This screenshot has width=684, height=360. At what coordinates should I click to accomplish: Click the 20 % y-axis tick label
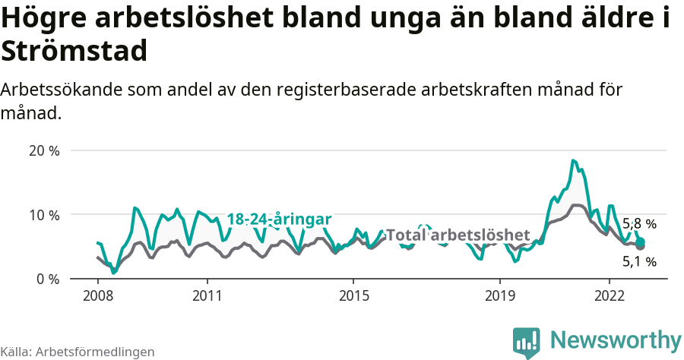(x=43, y=150)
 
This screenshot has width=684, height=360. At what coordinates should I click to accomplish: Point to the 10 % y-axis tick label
(x=43, y=215)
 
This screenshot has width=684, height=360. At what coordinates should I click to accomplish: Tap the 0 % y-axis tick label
(x=47, y=279)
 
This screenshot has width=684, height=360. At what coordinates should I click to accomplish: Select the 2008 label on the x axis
(x=97, y=295)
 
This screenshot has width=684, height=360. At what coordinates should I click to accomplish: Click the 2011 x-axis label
(x=207, y=295)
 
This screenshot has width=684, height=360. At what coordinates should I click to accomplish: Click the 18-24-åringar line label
(x=279, y=219)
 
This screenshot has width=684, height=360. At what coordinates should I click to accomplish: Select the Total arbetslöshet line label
(x=458, y=235)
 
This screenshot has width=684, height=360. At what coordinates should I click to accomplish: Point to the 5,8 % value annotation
(x=639, y=224)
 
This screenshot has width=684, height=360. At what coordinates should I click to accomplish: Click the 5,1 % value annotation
(x=639, y=262)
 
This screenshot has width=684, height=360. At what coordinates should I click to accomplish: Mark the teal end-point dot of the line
(x=640, y=242)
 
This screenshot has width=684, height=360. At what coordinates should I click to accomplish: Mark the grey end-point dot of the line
(x=641, y=246)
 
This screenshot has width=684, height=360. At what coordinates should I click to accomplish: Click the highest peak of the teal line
(x=573, y=160)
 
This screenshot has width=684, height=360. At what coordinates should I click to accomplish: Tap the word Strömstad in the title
(x=74, y=52)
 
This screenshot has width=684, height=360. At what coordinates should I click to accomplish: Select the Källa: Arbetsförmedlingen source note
(x=78, y=352)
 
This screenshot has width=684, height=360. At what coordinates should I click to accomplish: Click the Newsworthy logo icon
(x=526, y=343)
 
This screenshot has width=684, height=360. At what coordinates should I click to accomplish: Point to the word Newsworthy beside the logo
(x=616, y=339)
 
